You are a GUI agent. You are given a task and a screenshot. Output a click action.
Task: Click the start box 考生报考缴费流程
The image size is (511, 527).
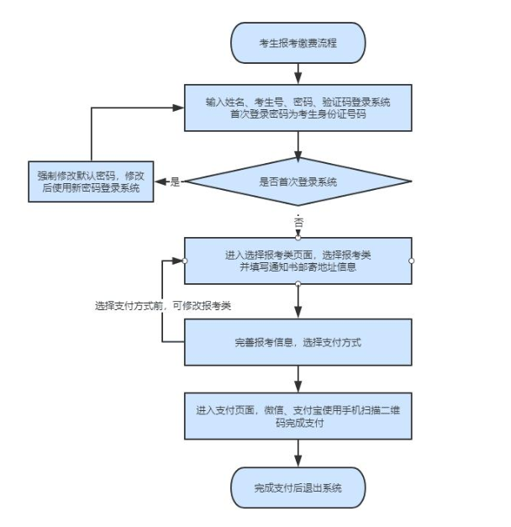(298, 43)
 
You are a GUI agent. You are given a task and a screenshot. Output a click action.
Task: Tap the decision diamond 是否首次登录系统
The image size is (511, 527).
(298, 182)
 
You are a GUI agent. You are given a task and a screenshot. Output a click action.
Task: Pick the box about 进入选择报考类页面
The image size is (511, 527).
(298, 261)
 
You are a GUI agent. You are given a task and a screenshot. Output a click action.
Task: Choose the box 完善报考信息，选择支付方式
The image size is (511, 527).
(298, 343)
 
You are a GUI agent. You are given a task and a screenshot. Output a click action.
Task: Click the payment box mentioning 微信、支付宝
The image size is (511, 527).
(298, 415)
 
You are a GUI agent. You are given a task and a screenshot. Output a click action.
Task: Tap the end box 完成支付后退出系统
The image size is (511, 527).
(298, 487)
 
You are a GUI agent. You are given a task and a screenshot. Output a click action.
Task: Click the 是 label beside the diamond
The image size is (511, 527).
(175, 182)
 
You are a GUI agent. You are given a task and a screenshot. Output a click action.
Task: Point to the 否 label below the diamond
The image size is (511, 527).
(298, 223)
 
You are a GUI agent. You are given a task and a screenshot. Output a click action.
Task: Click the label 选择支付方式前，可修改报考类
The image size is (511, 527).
(162, 306)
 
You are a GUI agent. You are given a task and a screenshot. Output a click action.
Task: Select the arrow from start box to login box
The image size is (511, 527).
(298, 73)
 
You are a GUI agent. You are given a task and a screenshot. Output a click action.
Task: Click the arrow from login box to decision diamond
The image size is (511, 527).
(298, 145)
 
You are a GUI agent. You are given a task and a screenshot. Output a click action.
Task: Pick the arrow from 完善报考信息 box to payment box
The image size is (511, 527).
(298, 378)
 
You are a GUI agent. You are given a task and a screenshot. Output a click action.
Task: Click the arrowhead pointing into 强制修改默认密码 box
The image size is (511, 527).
(159, 182)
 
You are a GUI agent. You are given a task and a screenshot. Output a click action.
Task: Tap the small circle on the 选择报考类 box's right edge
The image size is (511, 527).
(412, 261)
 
